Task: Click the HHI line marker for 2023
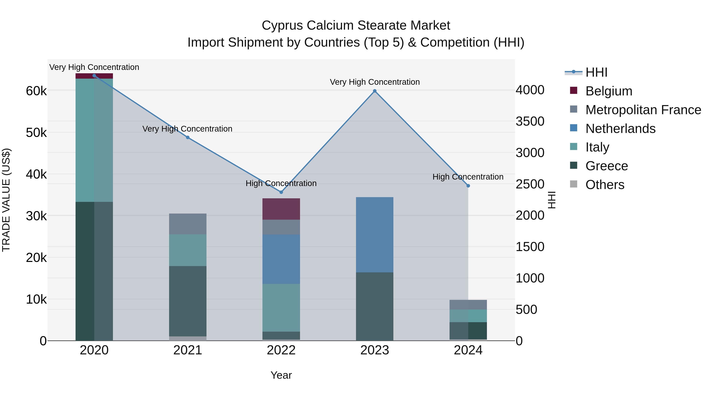point(375,91)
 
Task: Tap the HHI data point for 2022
point(281,192)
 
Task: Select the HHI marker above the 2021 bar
point(188,137)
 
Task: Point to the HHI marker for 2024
point(468,186)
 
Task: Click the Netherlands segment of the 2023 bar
point(375,235)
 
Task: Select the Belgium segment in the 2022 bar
point(281,209)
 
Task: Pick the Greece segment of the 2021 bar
point(188,301)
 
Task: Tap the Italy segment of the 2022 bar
point(281,308)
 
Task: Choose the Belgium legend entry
point(609,91)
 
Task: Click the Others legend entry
point(605,185)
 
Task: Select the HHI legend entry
point(596,72)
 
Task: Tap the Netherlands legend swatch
point(574,128)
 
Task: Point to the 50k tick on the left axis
point(36,133)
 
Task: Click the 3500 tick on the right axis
point(530,121)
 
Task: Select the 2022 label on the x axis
point(281,350)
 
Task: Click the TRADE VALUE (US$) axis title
point(6,200)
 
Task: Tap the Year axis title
point(281,375)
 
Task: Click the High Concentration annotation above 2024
point(468,177)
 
